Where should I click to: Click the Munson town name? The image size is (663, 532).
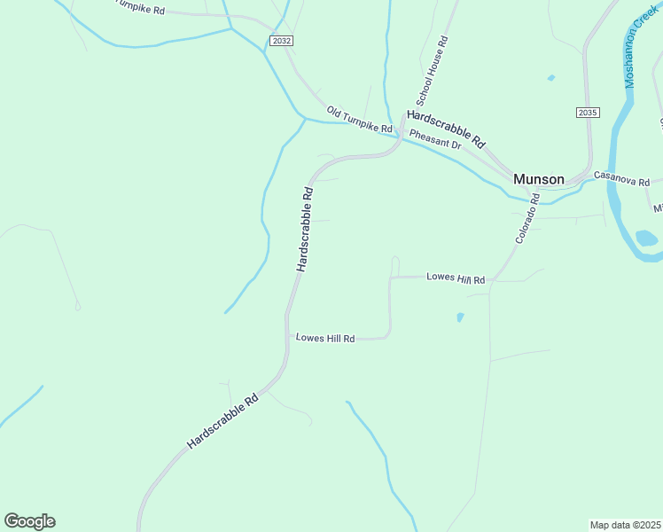point(538,179)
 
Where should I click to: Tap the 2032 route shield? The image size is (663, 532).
point(282,41)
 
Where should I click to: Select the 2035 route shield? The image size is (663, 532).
point(587,113)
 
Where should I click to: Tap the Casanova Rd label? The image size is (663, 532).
point(621,179)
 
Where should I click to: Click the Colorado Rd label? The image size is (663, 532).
point(528,219)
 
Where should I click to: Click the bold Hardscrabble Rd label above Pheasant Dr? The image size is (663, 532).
point(447,129)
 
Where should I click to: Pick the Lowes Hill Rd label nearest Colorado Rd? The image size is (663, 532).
point(456,278)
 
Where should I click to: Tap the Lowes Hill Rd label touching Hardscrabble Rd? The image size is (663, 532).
point(325,338)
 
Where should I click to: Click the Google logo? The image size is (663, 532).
point(29,521)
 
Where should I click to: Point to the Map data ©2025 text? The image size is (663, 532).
point(626,525)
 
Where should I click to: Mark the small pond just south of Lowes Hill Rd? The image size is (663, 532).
point(459,317)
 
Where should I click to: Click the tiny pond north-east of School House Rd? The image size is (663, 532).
point(550,78)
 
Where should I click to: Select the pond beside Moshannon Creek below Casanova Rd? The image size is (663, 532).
point(646,238)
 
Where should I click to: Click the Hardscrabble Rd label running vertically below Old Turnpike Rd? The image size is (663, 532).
point(304,229)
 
